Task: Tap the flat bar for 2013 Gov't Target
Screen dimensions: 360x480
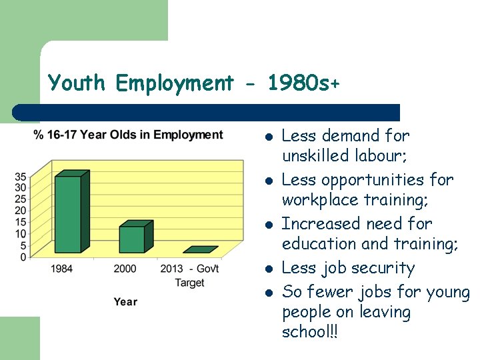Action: [200, 250]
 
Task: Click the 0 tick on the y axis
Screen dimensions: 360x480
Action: [23, 257]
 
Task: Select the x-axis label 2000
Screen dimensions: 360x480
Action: [125, 269]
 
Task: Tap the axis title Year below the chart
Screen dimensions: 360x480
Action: [125, 302]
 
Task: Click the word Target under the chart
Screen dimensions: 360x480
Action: [189, 283]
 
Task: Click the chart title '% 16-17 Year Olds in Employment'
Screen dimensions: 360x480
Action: [128, 135]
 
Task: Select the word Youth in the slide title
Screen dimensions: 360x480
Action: [77, 83]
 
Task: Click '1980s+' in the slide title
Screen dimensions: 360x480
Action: [303, 83]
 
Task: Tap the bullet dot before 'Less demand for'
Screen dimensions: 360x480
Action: [267, 137]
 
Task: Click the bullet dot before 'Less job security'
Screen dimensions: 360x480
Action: [267, 269]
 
